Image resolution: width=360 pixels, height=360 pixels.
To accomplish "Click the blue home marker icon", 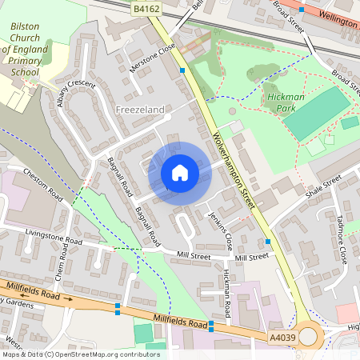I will click(x=180, y=172).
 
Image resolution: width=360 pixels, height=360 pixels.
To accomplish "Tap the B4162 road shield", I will click(x=146, y=7).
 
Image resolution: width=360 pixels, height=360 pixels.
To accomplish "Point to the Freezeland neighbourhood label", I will click(x=141, y=108).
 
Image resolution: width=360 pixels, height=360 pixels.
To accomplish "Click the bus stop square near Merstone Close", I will click(x=183, y=70).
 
